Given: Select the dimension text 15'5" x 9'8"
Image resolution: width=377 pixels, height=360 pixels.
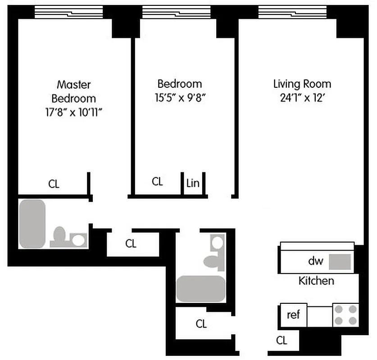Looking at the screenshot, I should coord(180,98).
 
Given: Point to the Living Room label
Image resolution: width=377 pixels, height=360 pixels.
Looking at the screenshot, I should coord(302,84).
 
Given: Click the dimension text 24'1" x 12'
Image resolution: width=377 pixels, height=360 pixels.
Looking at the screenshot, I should coord(302,98).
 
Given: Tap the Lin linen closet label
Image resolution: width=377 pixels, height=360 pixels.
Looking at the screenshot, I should coord(193,183).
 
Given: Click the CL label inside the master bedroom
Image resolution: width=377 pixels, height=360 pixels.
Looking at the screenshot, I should coord(54,184).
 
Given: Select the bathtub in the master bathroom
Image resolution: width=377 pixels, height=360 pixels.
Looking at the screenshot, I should coord(32,223).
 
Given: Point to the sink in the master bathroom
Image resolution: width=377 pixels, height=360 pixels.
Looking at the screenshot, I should coord(79,240).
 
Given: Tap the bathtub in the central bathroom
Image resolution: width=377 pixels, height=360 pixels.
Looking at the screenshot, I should coord(200,288).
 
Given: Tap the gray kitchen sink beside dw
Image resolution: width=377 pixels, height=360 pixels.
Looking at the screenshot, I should coord(340,261).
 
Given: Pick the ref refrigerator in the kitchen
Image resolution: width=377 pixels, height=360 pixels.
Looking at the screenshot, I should coord(293,315).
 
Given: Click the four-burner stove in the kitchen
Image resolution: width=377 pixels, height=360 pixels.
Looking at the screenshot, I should coord(345,315).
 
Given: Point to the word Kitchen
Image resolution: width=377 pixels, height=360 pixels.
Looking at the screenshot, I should coord(316,281).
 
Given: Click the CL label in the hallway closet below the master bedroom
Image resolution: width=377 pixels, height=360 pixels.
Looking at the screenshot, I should coord(131,244).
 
